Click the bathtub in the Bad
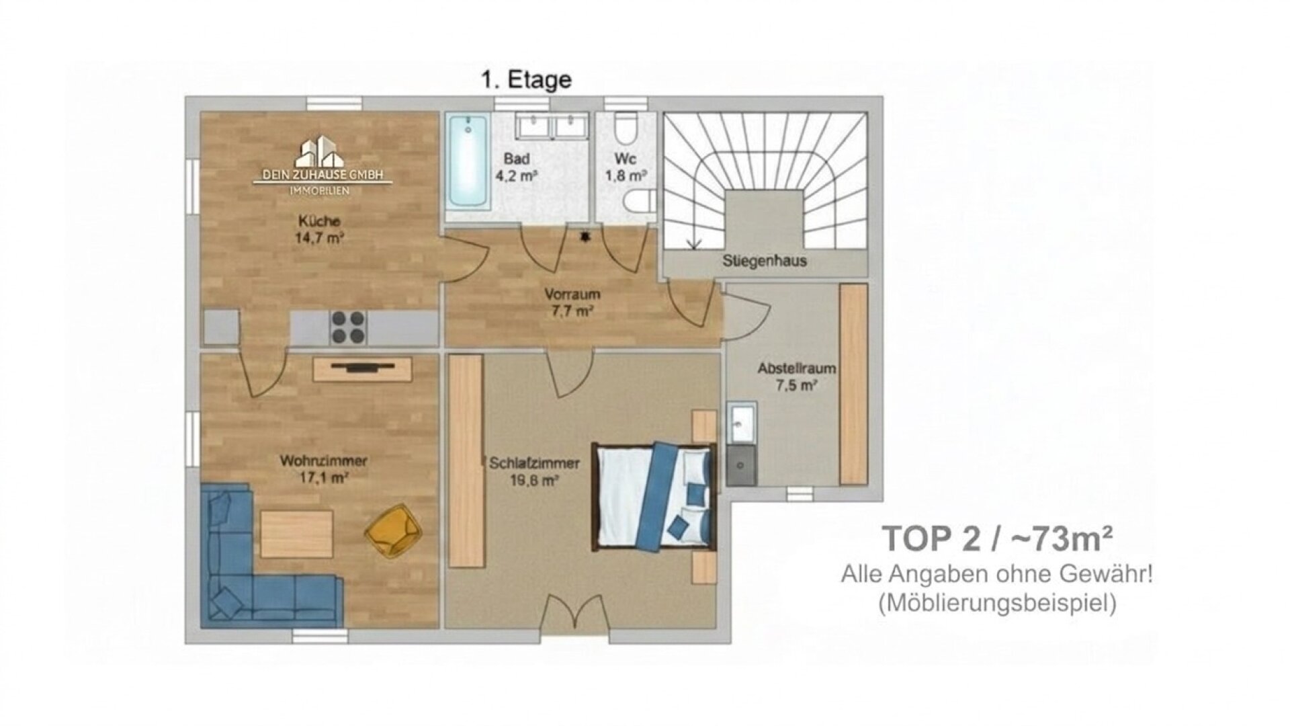pyautogui.click(x=468, y=161)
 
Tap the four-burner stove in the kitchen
pyautogui.click(x=348, y=328)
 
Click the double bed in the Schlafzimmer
pyautogui.click(x=653, y=496)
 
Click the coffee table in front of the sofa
pyautogui.click(x=296, y=534)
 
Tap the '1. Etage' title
pyautogui.click(x=526, y=80)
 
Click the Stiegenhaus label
pyautogui.click(x=765, y=261)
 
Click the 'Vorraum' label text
pyautogui.click(x=572, y=294)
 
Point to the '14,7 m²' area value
pyautogui.click(x=319, y=237)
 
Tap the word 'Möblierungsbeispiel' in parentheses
pyautogui.click(x=997, y=602)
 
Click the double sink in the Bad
pyautogui.click(x=552, y=126)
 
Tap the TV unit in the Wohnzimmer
pyautogui.click(x=362, y=369)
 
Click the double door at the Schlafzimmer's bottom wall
pyautogui.click(x=575, y=613)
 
